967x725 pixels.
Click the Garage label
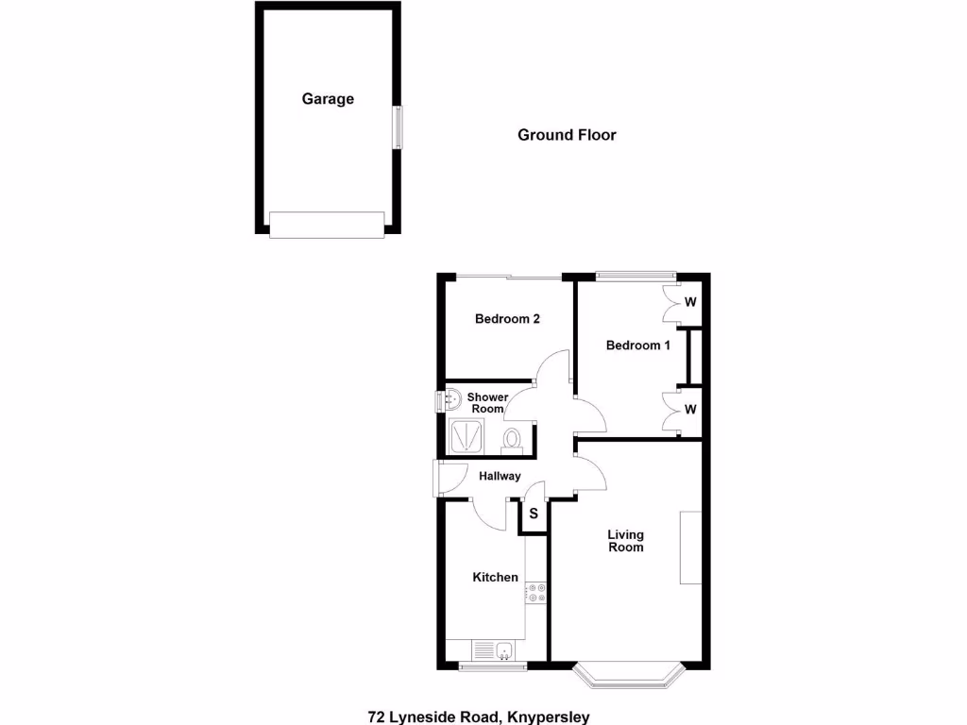coord(328,99)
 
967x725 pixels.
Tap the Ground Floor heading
coord(567,135)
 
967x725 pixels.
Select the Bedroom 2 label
coord(507,319)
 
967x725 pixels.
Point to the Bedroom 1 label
coord(637,346)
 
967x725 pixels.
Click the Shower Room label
coord(487,403)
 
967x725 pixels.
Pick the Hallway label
coord(500,477)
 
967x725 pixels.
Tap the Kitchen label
coord(496,578)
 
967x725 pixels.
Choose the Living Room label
coord(625,542)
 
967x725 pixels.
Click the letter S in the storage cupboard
coord(534,514)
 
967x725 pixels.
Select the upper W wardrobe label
coord(690,303)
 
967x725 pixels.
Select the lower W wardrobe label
coord(690,410)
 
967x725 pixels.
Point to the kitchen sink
coord(504,649)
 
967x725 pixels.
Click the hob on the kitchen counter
coord(537,593)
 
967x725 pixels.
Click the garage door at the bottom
coord(327,225)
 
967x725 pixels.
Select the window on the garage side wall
coord(398,127)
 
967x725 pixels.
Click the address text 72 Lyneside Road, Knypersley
coord(479,717)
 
